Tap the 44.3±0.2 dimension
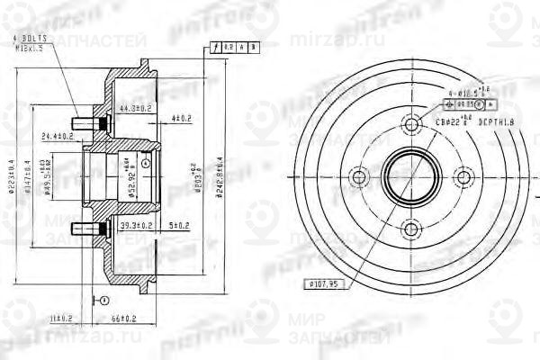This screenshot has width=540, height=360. pyautogui.click(x=135, y=109)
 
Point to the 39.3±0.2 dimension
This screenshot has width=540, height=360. pyautogui.click(x=137, y=224)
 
